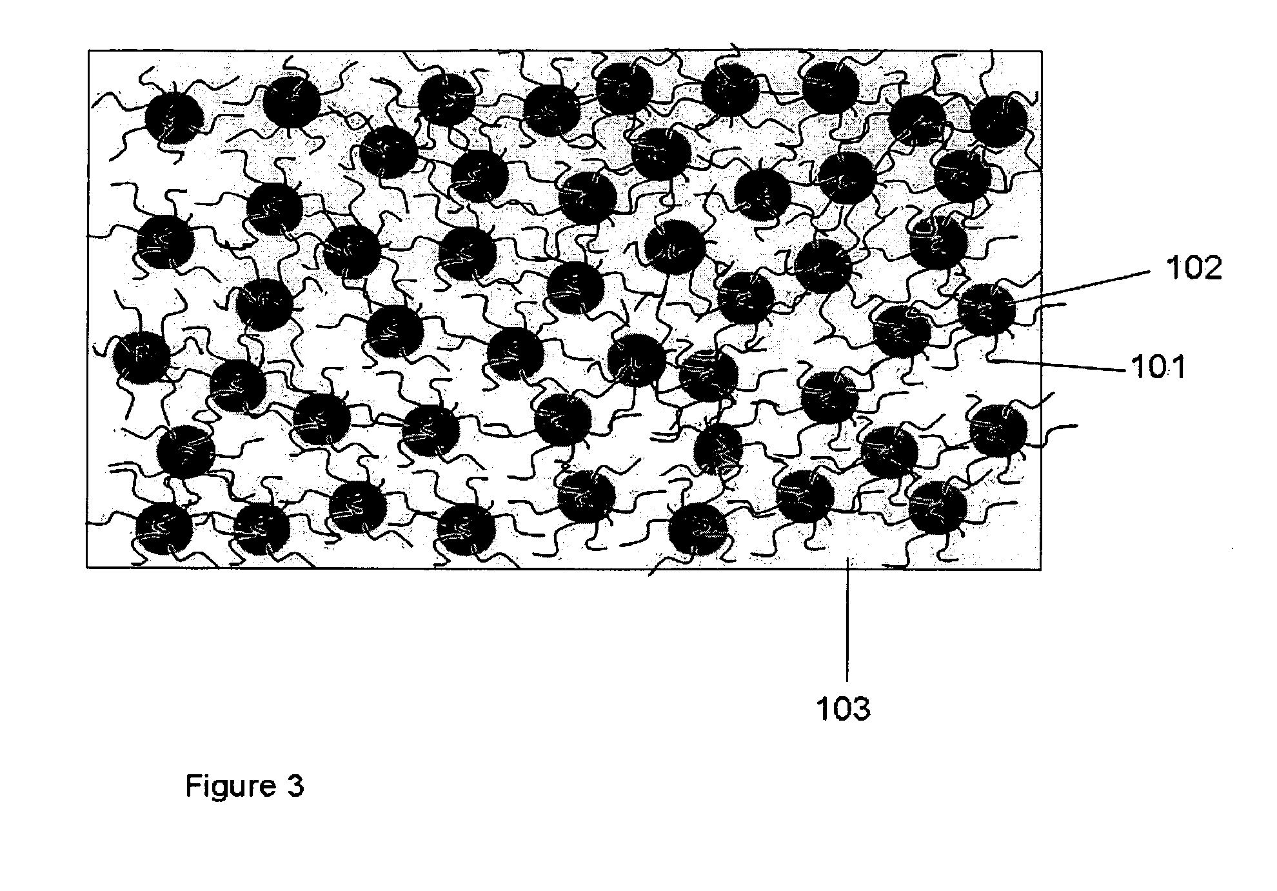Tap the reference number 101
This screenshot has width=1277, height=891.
coord(1158,368)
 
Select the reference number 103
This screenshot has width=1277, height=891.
coord(844,709)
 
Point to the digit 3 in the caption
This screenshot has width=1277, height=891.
coord(295,786)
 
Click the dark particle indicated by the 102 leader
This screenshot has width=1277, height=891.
coord(986,310)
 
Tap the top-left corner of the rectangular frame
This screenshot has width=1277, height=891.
coord(88,50)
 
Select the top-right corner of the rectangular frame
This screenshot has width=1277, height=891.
coord(1041,50)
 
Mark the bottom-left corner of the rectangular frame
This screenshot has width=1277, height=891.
coord(87,568)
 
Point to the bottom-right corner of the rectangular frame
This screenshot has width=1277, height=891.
coord(1040,568)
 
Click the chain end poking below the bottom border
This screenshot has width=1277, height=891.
coord(651,573)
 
